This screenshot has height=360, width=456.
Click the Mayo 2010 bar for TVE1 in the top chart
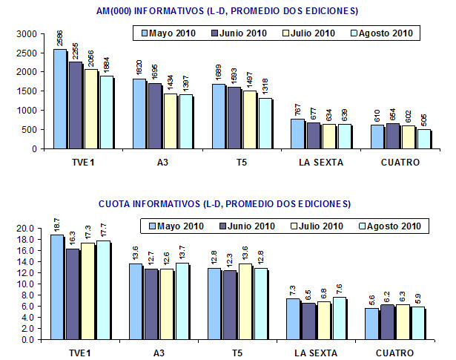point(59,99)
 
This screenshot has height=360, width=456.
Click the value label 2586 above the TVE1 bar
point(59,38)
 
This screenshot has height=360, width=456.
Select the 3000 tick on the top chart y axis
point(25,34)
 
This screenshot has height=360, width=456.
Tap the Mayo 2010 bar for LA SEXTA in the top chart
point(297,134)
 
